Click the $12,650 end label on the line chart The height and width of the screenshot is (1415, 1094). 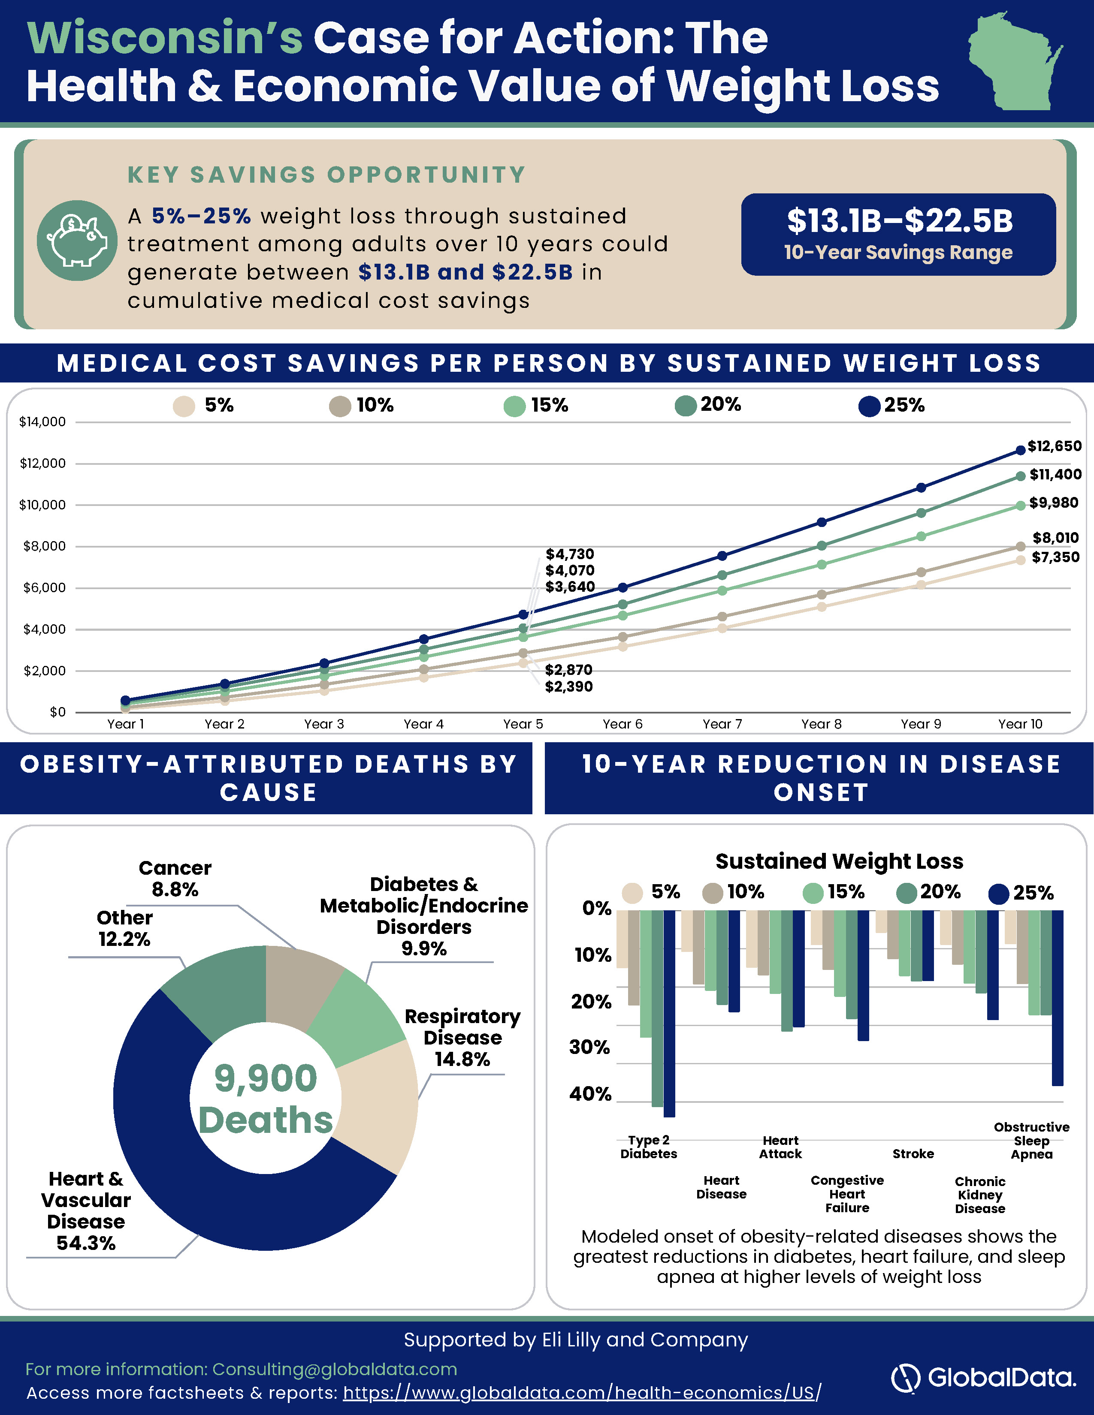pyautogui.click(x=1055, y=446)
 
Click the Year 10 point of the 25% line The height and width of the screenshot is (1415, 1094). pyautogui.click(x=1021, y=450)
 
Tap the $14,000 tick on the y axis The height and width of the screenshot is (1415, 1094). pyautogui.click(x=43, y=422)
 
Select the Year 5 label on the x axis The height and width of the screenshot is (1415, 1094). pyautogui.click(x=523, y=724)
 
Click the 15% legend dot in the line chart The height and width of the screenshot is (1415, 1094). pyautogui.click(x=514, y=406)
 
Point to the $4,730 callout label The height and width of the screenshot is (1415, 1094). pyautogui.click(x=570, y=554)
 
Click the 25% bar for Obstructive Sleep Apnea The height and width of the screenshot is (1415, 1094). pyautogui.click(x=1057, y=998)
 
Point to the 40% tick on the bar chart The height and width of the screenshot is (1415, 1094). pyautogui.click(x=590, y=1094)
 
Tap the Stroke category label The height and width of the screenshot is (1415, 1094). pyautogui.click(x=913, y=1154)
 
